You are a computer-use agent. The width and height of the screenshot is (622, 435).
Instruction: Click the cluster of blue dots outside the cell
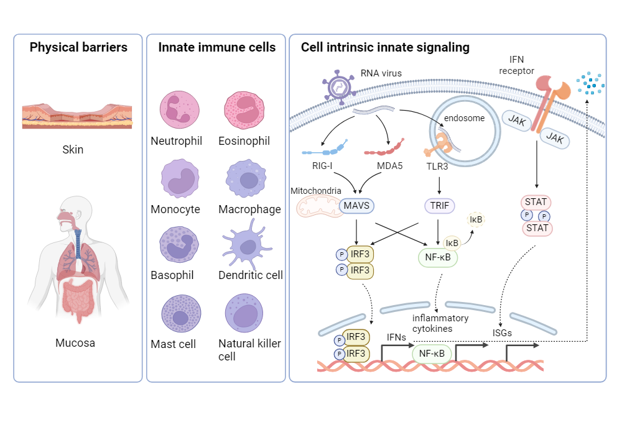tap(589, 84)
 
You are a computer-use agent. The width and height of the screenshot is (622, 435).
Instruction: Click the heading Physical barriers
tap(78, 47)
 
